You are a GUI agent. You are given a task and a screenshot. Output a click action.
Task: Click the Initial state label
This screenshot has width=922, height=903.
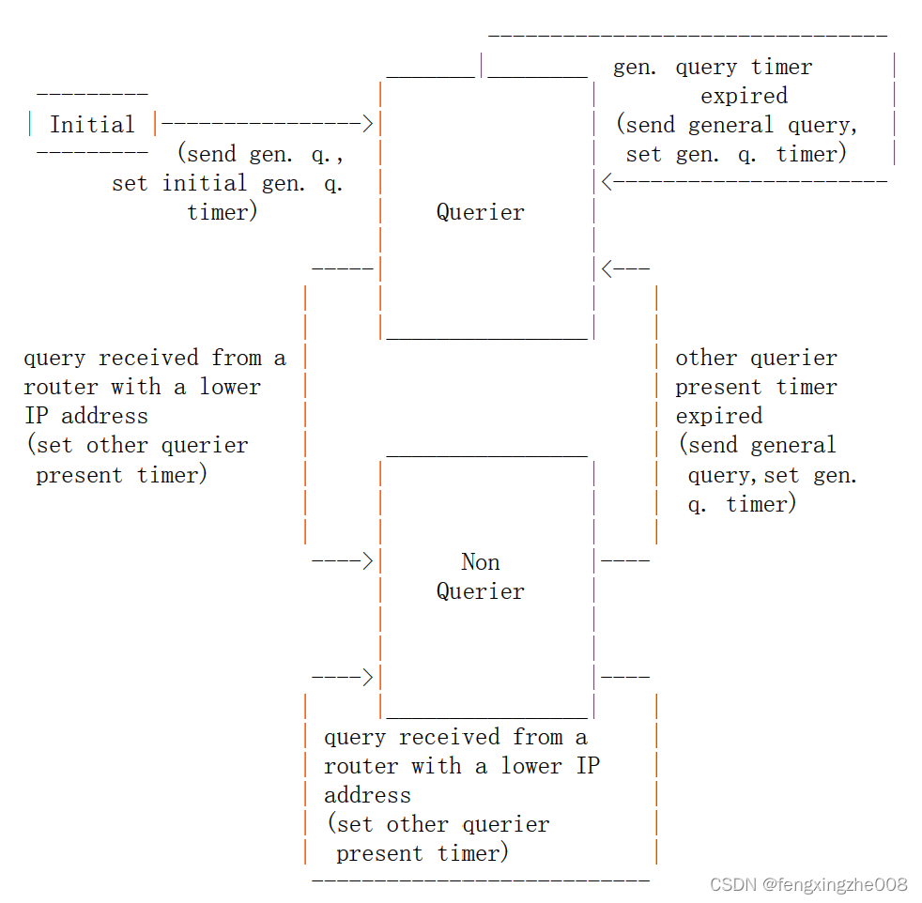[92, 125]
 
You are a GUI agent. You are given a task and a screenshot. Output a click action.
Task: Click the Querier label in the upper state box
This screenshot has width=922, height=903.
[481, 212]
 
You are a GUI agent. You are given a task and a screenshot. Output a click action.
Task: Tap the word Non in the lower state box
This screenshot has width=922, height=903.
[481, 562]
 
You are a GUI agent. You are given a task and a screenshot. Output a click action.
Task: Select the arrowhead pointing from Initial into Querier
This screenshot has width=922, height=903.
[367, 124]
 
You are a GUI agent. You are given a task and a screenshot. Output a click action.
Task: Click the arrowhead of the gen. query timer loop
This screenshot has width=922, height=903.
[607, 182]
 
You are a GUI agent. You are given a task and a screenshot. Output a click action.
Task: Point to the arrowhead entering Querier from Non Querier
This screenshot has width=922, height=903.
[607, 269]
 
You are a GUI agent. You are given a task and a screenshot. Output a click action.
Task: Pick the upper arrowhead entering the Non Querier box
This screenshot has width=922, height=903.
[367, 560]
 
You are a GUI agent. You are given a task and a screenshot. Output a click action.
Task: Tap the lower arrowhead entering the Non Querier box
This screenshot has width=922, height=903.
[367, 678]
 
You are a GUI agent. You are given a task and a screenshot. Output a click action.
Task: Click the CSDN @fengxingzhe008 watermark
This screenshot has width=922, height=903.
[808, 885]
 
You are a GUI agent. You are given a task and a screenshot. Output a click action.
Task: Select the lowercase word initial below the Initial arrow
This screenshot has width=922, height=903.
[205, 183]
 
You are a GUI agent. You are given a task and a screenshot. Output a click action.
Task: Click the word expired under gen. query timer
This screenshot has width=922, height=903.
[744, 96]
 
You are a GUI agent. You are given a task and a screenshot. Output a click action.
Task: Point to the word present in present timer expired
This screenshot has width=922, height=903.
[718, 388]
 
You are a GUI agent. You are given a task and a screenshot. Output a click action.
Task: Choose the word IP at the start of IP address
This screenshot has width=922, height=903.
[37, 416]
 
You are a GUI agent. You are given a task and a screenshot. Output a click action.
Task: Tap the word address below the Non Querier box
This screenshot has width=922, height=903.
[367, 795]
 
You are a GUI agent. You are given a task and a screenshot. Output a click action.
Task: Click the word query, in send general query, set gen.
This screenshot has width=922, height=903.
[725, 476]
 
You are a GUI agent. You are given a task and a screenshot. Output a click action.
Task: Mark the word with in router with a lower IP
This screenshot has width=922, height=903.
[437, 766]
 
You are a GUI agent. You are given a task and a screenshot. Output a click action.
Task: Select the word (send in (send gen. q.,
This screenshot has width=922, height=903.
[207, 154]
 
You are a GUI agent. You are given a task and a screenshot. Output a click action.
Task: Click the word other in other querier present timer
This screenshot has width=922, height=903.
[706, 358]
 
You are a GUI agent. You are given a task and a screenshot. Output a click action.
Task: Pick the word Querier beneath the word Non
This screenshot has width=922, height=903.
[481, 591]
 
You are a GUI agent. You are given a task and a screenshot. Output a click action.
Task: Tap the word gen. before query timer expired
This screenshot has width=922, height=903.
[635, 68]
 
